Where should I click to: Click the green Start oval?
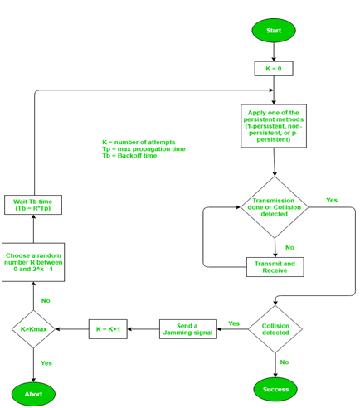click(274, 30)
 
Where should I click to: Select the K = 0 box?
click(274, 69)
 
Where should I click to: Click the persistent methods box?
click(274, 125)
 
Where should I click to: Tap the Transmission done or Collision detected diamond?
click(275, 207)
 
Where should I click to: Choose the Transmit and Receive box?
click(275, 267)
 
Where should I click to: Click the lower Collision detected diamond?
click(275, 330)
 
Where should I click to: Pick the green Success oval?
click(275, 388)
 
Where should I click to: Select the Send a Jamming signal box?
click(187, 328)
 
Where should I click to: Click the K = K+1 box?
click(114, 328)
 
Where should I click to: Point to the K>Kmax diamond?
click(34, 329)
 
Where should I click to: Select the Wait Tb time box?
click(34, 205)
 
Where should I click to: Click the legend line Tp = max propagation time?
click(144, 149)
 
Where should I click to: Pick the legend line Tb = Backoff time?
click(129, 156)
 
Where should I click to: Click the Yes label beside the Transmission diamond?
click(332, 201)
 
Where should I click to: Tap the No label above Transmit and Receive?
click(289, 247)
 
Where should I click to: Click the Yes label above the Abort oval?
click(46, 363)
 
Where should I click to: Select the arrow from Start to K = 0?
click(274, 52)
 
